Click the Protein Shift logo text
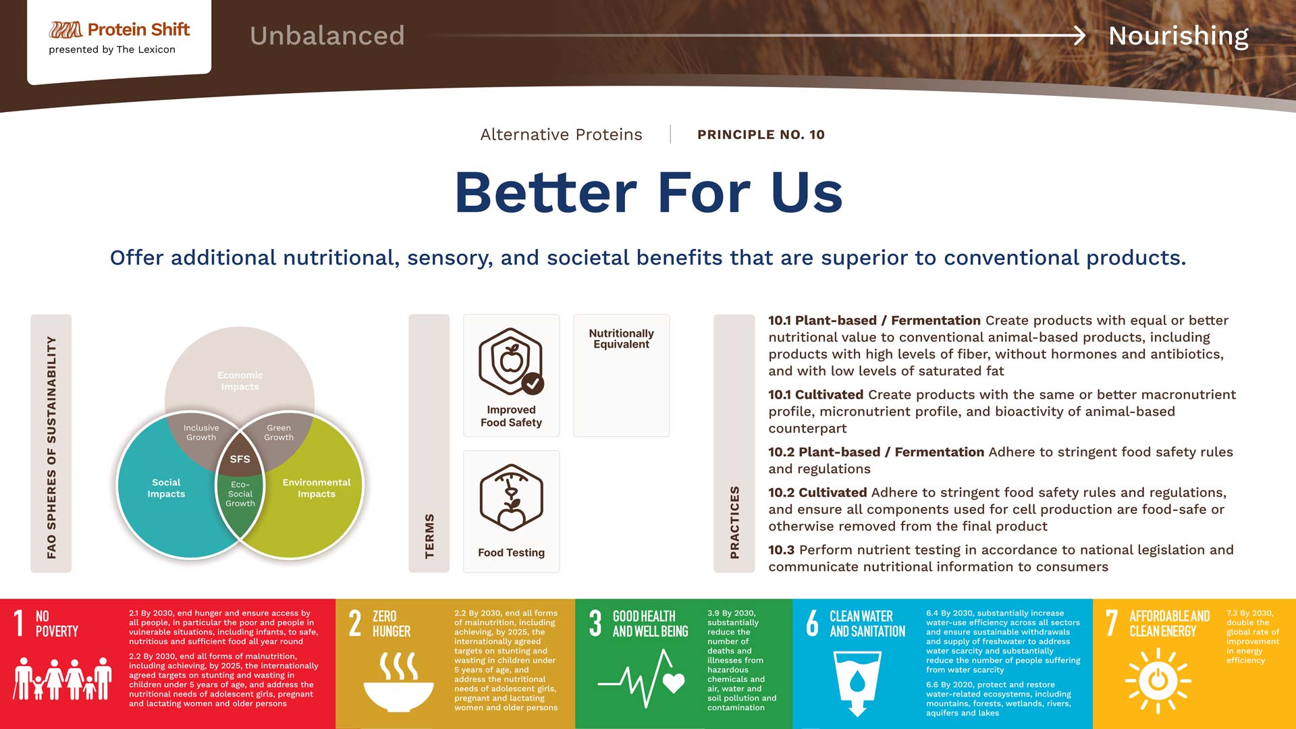pyautogui.click(x=138, y=30)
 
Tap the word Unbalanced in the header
pyautogui.click(x=327, y=36)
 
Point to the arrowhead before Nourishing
pyautogui.click(x=1079, y=35)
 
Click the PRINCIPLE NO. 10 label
pyautogui.click(x=761, y=134)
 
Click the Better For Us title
pyautogui.click(x=649, y=192)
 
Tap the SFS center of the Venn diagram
pyautogui.click(x=240, y=459)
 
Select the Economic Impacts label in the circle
pyautogui.click(x=240, y=381)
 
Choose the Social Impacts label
pyautogui.click(x=166, y=488)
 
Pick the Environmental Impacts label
pyautogui.click(x=317, y=488)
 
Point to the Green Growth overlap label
pyautogui.click(x=279, y=433)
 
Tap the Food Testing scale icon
pyautogui.click(x=511, y=498)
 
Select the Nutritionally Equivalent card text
pyautogui.click(x=621, y=339)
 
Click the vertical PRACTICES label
pyautogui.click(x=734, y=522)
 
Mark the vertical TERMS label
pyautogui.click(x=429, y=536)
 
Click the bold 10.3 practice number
pyautogui.click(x=781, y=550)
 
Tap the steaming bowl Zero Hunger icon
pyautogui.click(x=398, y=682)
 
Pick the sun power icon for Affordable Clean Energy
pyautogui.click(x=1158, y=680)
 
